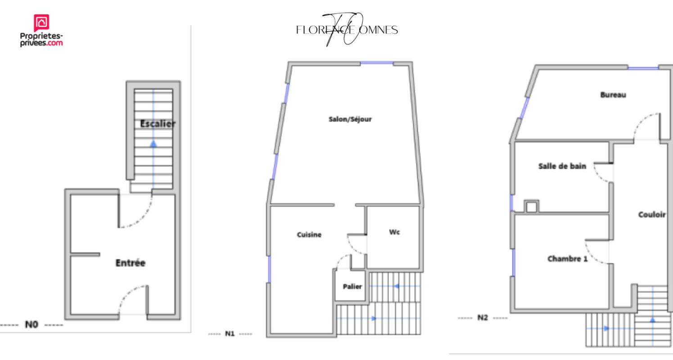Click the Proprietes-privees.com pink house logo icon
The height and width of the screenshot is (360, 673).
pos(41,22)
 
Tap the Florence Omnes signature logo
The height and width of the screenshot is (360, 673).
pos(347,29)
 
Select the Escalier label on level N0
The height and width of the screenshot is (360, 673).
pos(158,124)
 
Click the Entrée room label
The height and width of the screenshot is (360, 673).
pos(131,263)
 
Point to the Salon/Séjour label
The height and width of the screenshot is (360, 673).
pos(350,119)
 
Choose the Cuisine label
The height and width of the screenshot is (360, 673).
pos(309,234)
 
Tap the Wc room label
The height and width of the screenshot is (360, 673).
pos(394,232)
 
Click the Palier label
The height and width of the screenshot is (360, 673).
pos(352,287)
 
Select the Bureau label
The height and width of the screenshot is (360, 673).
pos(613,95)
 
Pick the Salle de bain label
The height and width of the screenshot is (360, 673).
pos(562,166)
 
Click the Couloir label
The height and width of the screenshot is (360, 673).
pos(652,214)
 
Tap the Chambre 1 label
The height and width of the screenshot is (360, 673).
pos(567,258)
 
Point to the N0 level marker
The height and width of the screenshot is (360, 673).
pos(31,324)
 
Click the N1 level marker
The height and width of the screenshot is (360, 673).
pos(230,333)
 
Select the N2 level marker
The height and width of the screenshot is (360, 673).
pos(483,318)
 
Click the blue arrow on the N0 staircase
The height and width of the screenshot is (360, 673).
pos(153,144)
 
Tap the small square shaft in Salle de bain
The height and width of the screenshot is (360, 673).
pos(532,207)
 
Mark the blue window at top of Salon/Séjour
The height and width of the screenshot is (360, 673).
pos(377,63)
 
